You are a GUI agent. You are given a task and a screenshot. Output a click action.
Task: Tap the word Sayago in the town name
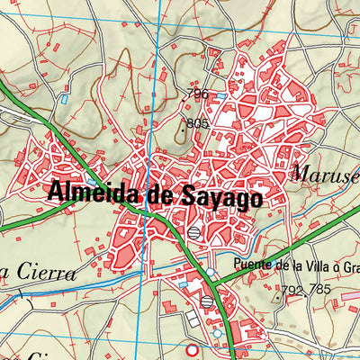(219, 198)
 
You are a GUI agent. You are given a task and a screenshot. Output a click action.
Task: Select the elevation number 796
(198, 94)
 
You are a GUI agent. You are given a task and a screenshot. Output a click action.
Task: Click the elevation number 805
(197, 123)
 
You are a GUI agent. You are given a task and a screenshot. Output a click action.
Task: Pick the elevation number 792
(292, 291)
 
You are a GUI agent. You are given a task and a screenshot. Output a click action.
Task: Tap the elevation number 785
(319, 291)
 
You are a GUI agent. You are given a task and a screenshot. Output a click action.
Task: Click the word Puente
(251, 265)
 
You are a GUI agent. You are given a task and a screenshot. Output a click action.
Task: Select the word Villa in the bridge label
(306, 265)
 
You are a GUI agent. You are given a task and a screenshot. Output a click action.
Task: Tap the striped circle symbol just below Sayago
(194, 232)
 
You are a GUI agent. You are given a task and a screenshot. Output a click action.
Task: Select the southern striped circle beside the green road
(207, 302)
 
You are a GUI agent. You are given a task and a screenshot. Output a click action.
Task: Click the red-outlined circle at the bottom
(190, 350)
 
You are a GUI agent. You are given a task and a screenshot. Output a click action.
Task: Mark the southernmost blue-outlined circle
(217, 333)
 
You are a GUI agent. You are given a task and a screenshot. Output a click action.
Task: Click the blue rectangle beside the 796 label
(220, 94)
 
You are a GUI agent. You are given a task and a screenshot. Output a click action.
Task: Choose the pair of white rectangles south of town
(193, 320)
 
